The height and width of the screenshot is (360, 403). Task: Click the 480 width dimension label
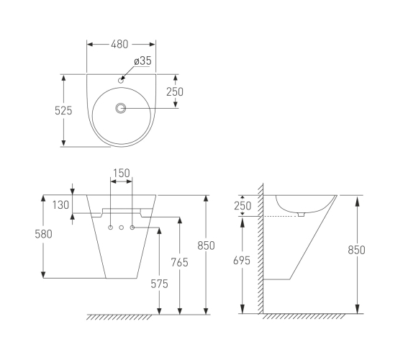pos(119,44)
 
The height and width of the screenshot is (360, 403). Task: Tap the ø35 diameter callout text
pos(143,61)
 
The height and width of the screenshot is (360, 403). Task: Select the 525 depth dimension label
pos(63,111)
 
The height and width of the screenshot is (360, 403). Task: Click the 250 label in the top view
pos(175,92)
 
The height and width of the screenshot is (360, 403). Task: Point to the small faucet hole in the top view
pos(121,81)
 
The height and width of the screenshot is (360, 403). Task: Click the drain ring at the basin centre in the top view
pos(121,108)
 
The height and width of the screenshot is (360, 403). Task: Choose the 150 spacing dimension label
pos(122,173)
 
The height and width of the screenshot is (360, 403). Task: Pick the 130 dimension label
pos(60,205)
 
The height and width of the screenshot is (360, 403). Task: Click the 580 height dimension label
pos(43,234)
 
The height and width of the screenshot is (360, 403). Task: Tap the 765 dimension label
pos(180,262)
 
